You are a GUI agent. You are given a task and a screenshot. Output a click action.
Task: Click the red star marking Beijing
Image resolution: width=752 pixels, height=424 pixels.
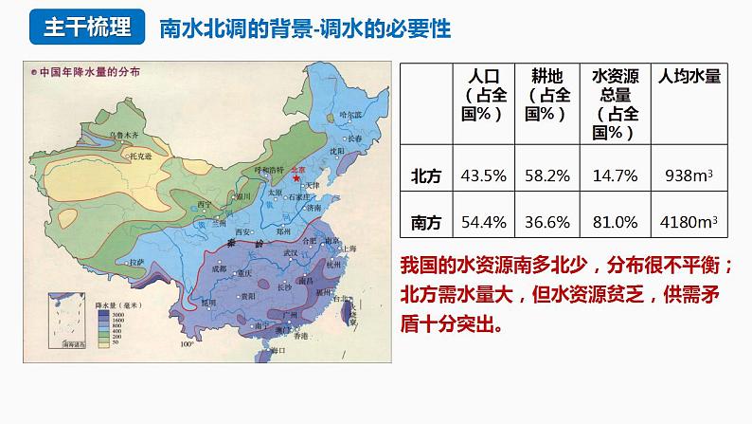pyautogui.click(x=296, y=177)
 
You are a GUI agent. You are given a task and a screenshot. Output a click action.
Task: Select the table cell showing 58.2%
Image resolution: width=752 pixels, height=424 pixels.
pyautogui.click(x=546, y=175)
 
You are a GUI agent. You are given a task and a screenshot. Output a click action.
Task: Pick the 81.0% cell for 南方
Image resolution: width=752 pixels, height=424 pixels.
pyautogui.click(x=615, y=223)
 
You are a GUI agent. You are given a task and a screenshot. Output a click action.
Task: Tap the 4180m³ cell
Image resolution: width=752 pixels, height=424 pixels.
pyautogui.click(x=689, y=223)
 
